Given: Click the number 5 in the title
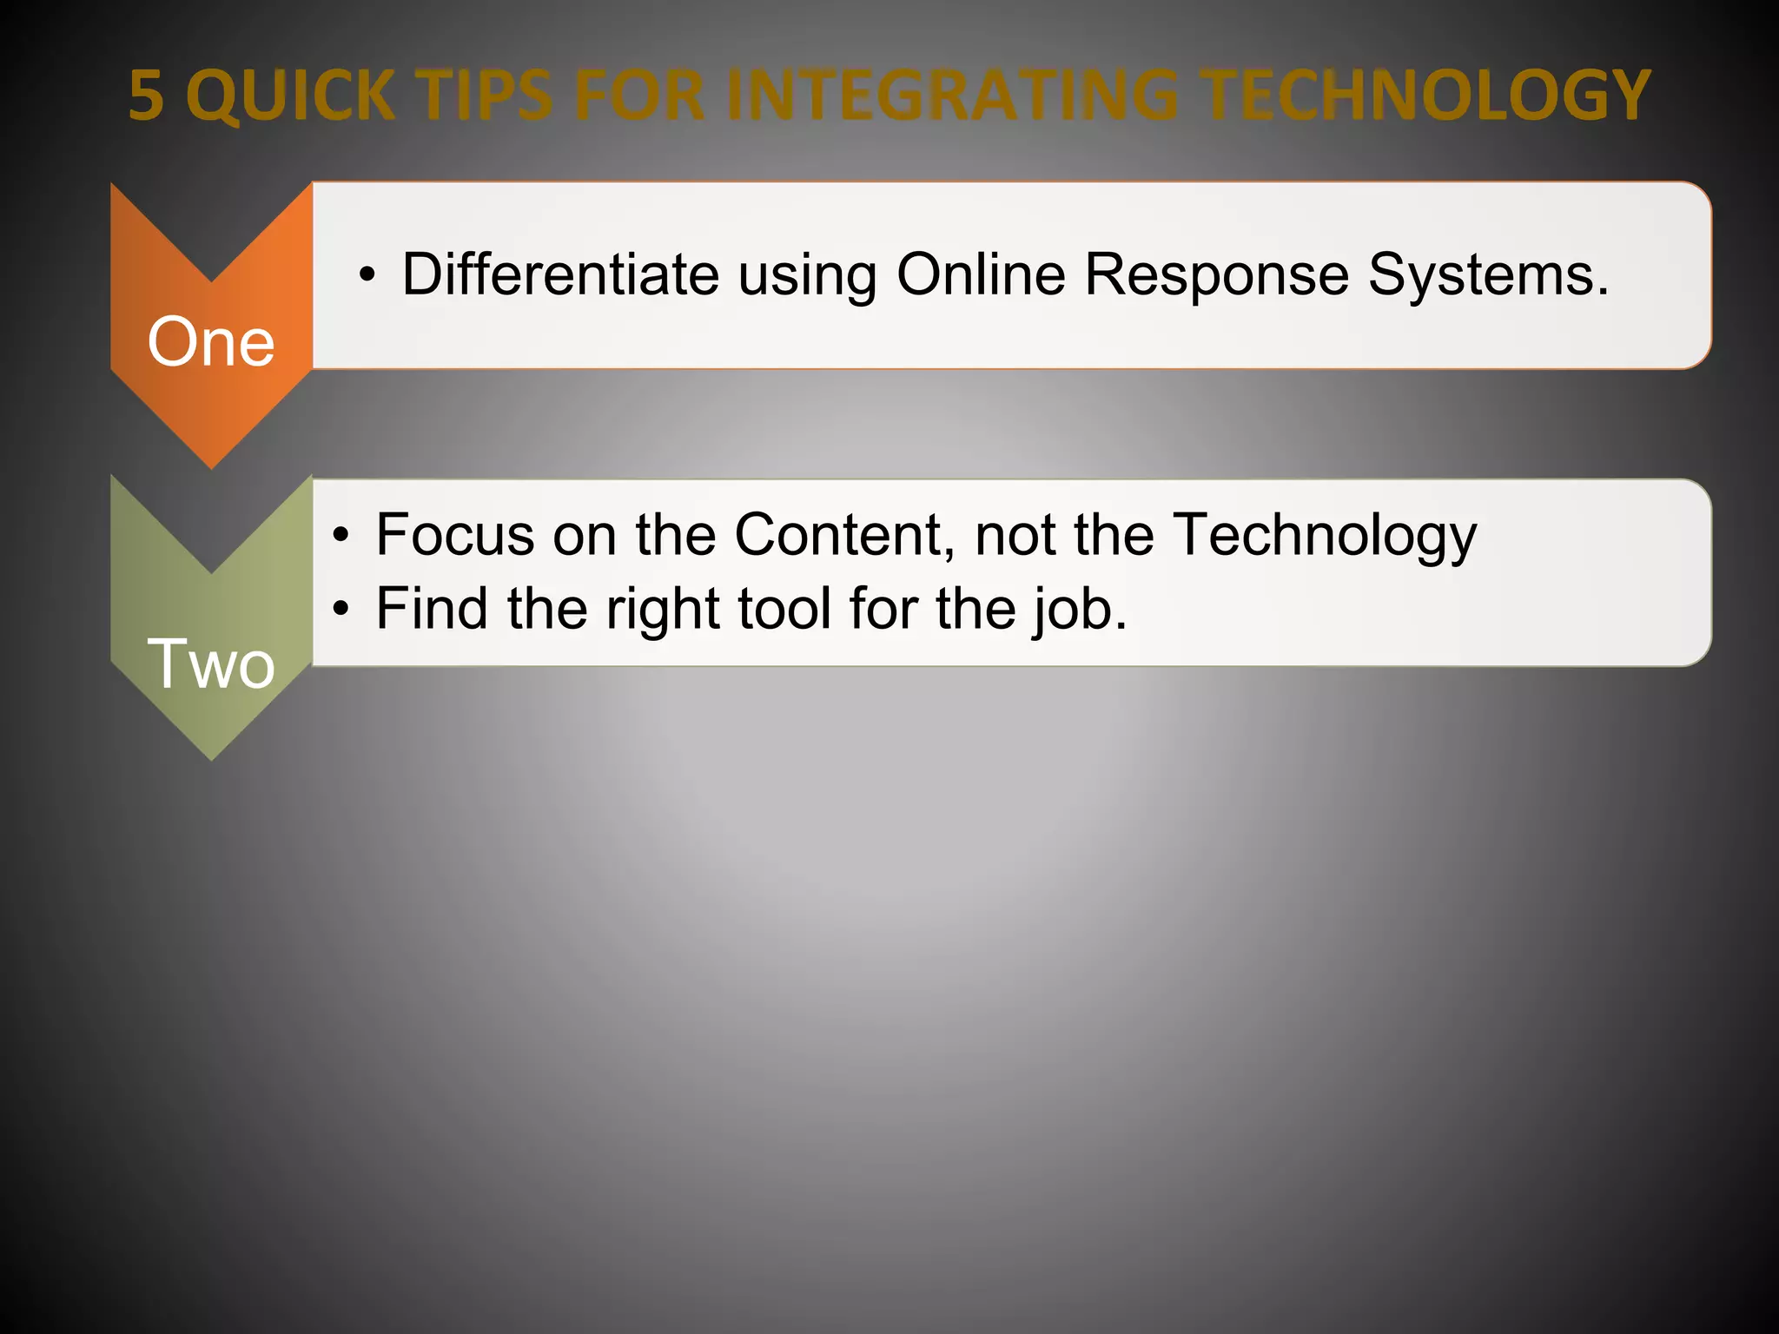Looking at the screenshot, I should pyautogui.click(x=146, y=95).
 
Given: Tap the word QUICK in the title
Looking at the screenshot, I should pyautogui.click(x=290, y=95).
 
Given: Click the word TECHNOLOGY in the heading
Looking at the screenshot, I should pyautogui.click(x=1427, y=95).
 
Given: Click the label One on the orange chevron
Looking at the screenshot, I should pyautogui.click(x=211, y=342).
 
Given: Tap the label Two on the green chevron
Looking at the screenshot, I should pyautogui.click(x=211, y=664).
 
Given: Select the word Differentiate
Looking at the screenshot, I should pyautogui.click(x=560, y=274).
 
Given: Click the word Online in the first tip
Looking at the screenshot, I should pyautogui.click(x=980, y=274).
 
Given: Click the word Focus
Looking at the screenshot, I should pyautogui.click(x=454, y=534).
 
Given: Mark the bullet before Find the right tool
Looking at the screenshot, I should pyautogui.click(x=342, y=609).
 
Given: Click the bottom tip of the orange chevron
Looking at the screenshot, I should pyautogui.click(x=211, y=466).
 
